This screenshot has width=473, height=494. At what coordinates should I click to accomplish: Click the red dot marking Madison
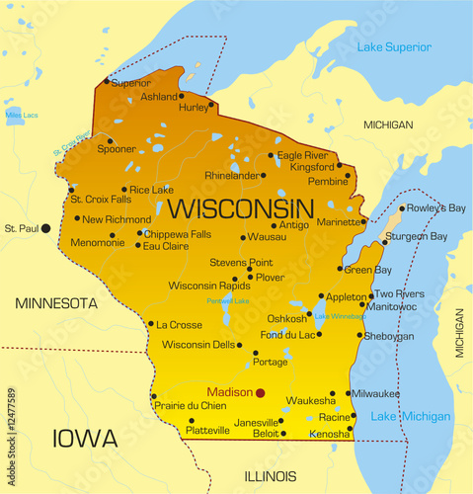[261, 392]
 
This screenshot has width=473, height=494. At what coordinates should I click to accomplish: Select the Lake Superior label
[393, 47]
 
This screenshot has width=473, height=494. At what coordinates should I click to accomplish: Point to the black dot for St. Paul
[45, 228]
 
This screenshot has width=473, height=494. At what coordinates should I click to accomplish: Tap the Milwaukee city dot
[349, 393]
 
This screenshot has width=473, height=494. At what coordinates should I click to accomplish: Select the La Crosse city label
[180, 324]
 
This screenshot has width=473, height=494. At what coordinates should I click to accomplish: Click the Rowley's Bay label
[435, 207]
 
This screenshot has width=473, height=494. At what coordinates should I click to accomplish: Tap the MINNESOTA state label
[55, 302]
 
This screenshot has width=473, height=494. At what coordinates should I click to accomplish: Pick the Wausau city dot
[243, 237]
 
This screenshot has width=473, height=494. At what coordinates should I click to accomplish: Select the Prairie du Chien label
[189, 404]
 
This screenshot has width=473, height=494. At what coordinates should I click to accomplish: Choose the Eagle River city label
[302, 155]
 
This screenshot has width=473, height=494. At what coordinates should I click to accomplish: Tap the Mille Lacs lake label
[20, 116]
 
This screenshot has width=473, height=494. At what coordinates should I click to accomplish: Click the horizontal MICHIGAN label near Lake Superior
[388, 125]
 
